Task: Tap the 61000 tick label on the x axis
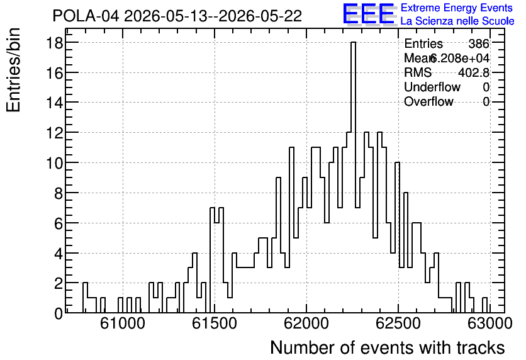tap(123, 323)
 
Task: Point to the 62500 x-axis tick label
tap(398, 323)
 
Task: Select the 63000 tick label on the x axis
tap(490, 323)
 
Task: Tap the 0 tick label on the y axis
tap(59, 313)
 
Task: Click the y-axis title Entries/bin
tap(13, 70)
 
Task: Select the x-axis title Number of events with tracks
tap(388, 347)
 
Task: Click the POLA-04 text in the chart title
tap(86, 16)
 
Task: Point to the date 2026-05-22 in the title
tap(260, 16)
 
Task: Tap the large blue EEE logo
tap(369, 14)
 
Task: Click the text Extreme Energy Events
tap(457, 8)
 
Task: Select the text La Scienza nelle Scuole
tap(457, 21)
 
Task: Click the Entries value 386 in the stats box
tap(479, 43)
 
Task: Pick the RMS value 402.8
tap(474, 72)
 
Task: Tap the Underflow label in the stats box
tap(432, 87)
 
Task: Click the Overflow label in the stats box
tap(428, 101)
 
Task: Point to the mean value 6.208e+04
tap(459, 58)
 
